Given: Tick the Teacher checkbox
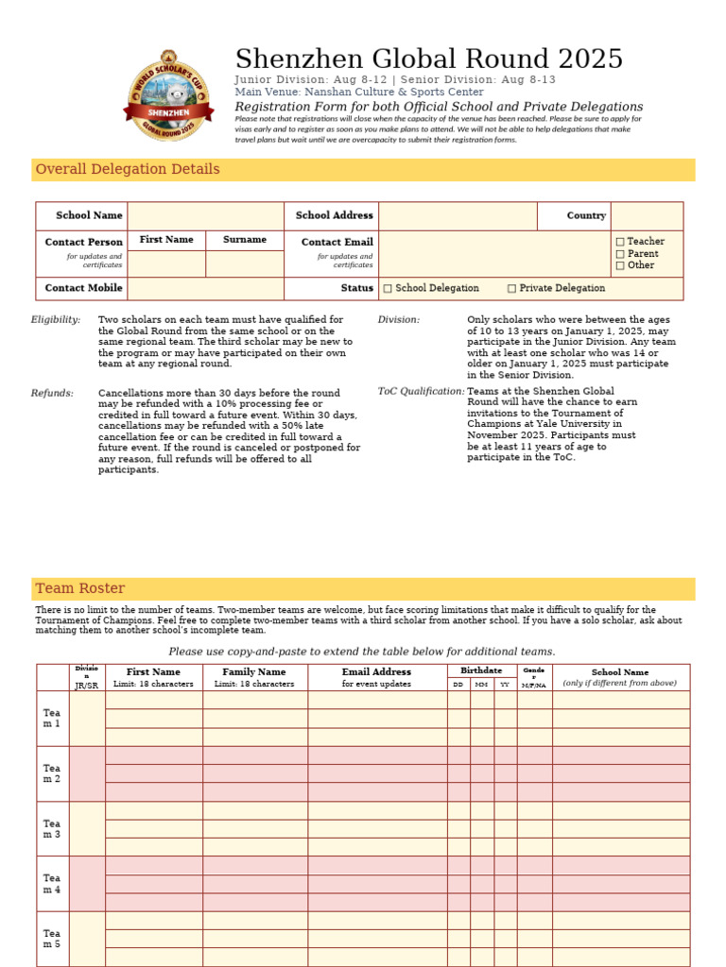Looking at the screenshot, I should coord(620,242).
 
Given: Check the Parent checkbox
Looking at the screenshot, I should coord(620,254).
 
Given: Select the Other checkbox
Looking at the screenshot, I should coord(620,265).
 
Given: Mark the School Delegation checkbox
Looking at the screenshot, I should coord(388,288).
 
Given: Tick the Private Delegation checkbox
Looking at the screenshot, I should coord(511,288).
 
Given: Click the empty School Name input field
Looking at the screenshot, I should coord(205,216).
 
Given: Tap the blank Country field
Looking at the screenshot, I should coord(647,216).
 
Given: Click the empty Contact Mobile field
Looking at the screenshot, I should coord(205,288).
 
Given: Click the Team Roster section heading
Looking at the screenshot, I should coord(80,588).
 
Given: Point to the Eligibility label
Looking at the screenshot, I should coord(56,320).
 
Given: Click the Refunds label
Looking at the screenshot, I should coord(52,393).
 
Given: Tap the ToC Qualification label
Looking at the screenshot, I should coord(422,391).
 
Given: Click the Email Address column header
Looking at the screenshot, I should coord(376,672).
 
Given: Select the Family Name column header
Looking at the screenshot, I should coord(253,672).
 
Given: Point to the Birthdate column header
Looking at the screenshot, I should coord(481,670).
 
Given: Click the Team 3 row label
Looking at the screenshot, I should coord(52,829).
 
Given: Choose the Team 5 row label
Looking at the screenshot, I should coord(52,939).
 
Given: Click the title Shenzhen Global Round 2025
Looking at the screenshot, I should coord(428,59).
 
